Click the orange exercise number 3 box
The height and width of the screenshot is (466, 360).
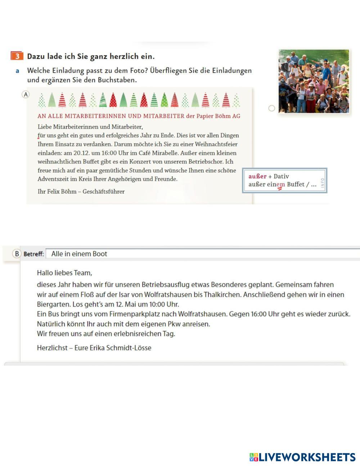(17, 56)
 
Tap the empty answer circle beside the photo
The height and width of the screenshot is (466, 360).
(272, 108)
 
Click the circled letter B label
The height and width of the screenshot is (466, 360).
(17, 254)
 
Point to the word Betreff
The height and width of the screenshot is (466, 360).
(34, 254)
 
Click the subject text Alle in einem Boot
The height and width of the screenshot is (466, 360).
(79, 254)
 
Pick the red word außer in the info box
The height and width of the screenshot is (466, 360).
(257, 176)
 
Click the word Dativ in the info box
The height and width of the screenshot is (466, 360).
(281, 176)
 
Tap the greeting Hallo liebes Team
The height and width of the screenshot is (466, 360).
(64, 273)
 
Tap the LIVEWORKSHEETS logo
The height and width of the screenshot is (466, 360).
(302, 457)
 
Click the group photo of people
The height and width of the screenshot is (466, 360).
(314, 81)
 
